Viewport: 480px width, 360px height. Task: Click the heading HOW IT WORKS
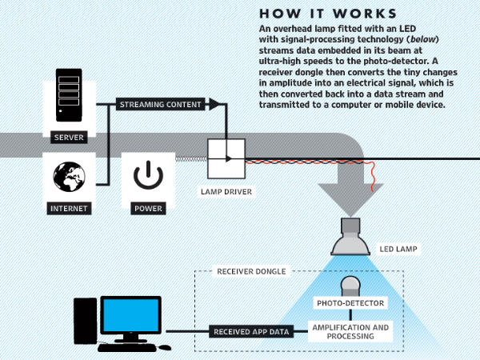[328, 14]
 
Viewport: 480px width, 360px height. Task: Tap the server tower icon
[69, 96]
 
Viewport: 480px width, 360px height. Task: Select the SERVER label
[69, 138]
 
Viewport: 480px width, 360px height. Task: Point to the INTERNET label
[69, 209]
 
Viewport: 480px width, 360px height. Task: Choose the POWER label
[148, 209]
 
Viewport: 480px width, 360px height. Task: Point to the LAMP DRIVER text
[226, 192]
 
